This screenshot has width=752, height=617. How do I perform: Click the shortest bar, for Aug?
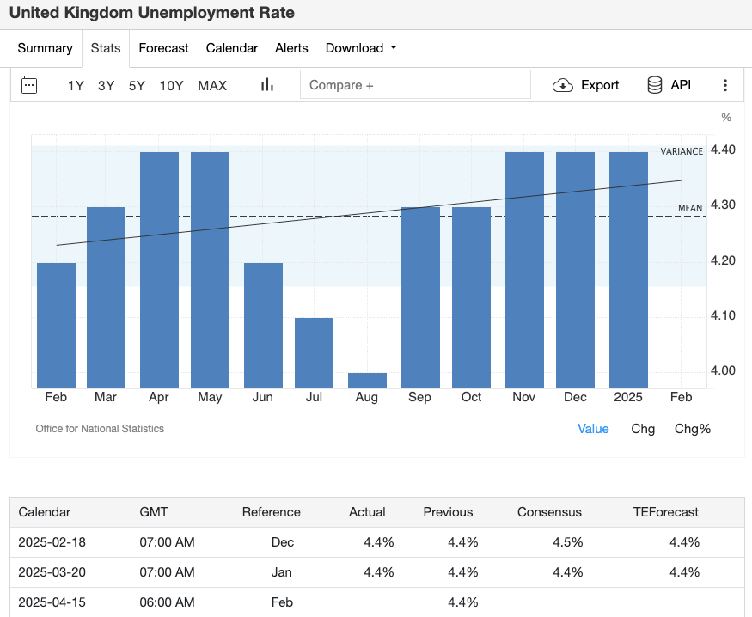[367, 381]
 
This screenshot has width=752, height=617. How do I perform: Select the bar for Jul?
[314, 353]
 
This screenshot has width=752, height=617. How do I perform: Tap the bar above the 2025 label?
[628, 270]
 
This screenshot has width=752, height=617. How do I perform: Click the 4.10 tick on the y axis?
[724, 315]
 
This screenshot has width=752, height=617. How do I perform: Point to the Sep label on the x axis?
[420, 397]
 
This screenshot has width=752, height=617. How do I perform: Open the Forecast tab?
[163, 48]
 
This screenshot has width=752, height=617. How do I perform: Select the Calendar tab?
[232, 48]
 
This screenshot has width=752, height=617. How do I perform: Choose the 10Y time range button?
[171, 85]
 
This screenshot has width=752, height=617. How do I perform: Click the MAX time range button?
[212, 85]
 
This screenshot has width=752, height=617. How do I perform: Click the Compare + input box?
[415, 85]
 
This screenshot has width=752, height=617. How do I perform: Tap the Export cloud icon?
[563, 85]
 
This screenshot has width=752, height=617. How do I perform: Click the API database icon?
[655, 85]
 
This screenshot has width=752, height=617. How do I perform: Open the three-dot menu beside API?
[725, 85]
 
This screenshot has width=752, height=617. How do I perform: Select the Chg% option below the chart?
[693, 429]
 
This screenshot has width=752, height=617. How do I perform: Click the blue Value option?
[593, 429]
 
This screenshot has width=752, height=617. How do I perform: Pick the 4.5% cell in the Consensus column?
[568, 542]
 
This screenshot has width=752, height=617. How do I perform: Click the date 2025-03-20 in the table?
[52, 572]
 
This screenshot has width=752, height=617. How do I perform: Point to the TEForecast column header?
[666, 512]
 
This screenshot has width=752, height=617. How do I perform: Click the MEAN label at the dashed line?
[690, 208]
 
